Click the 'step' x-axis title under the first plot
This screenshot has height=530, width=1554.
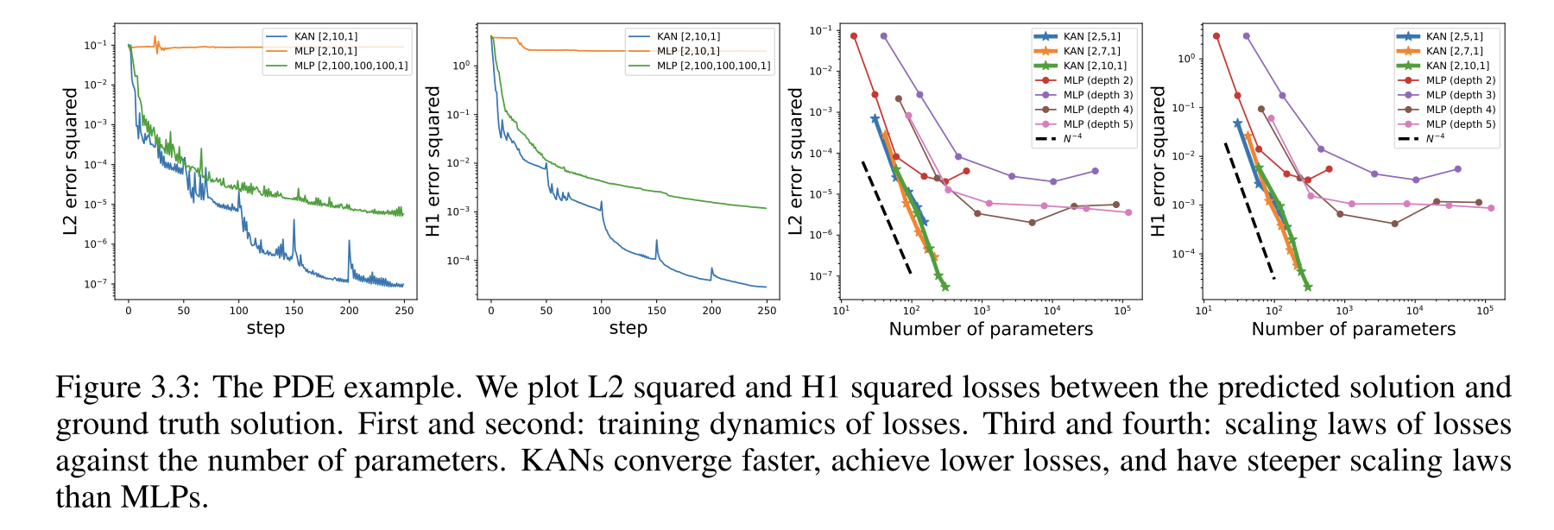pyautogui.click(x=265, y=328)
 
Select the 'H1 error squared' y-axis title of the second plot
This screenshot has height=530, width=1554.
pyautogui.click(x=433, y=161)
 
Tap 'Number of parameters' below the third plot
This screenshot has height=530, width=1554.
pyautogui.click(x=990, y=329)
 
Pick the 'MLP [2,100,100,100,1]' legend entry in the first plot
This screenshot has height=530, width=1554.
pyautogui.click(x=351, y=66)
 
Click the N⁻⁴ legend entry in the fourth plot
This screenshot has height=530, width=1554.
pyautogui.click(x=1435, y=138)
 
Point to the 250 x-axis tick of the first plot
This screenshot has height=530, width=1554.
pyautogui.click(x=404, y=311)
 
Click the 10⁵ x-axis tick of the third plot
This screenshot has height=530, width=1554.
pyautogui.click(x=1122, y=311)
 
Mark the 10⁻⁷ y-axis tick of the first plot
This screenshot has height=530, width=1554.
pyautogui.click(x=96, y=284)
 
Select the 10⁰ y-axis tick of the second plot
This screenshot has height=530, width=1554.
pyautogui.click(x=461, y=66)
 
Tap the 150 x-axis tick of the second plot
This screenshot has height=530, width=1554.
pyautogui.click(x=656, y=311)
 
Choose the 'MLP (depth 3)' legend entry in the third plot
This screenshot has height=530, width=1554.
pyautogui.click(x=1098, y=95)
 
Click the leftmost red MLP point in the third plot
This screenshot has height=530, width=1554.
pyautogui.click(x=854, y=36)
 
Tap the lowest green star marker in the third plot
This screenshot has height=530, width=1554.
pyautogui.click(x=945, y=287)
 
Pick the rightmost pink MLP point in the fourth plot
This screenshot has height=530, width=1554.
pyautogui.click(x=1491, y=208)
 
